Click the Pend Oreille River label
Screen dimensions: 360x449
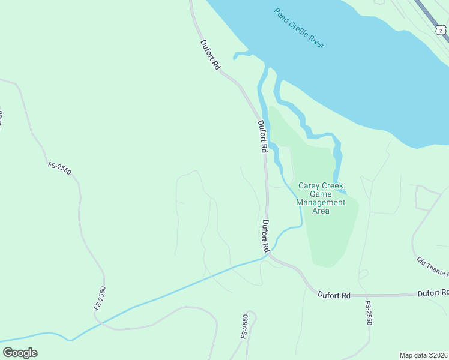pos(298,28)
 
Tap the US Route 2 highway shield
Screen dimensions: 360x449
pos(440,29)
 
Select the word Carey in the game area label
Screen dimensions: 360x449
pos(304,185)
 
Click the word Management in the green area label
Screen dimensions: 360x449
pos(321,202)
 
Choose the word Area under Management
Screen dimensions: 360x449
pos(321,211)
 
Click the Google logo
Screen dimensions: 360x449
pos(20,353)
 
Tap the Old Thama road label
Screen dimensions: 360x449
pos(432,268)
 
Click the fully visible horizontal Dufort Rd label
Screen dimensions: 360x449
pos(334,295)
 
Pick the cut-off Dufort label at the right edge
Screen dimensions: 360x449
pos(433,293)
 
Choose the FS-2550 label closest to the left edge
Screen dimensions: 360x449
pos(59,168)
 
